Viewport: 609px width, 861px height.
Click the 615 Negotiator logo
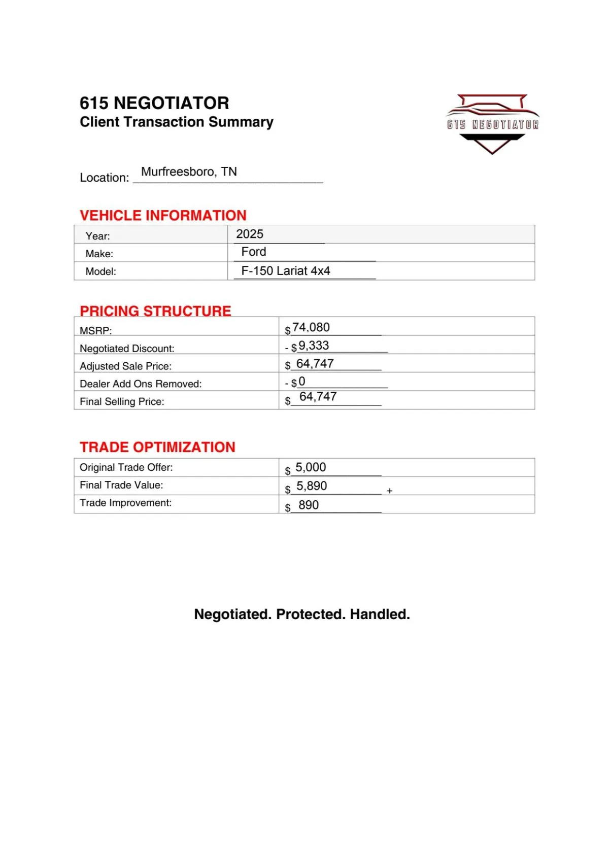[492, 123]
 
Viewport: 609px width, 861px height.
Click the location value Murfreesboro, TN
[189, 171]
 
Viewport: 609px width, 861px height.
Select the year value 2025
[250, 234]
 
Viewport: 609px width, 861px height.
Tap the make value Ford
[254, 252]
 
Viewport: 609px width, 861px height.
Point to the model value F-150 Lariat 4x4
[286, 271]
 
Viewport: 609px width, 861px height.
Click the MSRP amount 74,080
[311, 328]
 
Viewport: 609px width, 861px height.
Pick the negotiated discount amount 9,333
[314, 346]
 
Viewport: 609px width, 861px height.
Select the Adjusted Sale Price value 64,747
[315, 364]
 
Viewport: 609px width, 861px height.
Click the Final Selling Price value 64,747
[318, 397]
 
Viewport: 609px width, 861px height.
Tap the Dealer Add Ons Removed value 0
[302, 382]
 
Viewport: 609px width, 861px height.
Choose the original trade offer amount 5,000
[311, 467]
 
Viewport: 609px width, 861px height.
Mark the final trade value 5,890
[312, 486]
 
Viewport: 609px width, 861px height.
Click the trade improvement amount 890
[309, 505]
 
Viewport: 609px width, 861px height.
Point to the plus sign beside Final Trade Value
[390, 491]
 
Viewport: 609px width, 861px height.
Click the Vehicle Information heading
[163, 216]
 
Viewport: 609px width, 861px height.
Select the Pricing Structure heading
[155, 311]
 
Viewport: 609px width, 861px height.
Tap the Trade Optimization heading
[157, 447]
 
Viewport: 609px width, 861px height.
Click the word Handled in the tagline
[380, 614]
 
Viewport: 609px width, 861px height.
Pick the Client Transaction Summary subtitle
[177, 122]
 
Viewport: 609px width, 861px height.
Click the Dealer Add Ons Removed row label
[141, 384]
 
